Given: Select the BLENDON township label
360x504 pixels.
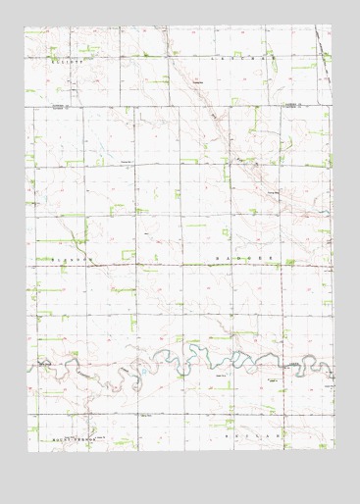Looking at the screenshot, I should coord(69,258).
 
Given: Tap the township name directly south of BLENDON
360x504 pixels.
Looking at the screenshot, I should coord(71,432).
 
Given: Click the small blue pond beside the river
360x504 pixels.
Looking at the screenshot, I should coord(145,374).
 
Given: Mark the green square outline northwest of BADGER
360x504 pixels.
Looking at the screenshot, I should coord(229,232).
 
